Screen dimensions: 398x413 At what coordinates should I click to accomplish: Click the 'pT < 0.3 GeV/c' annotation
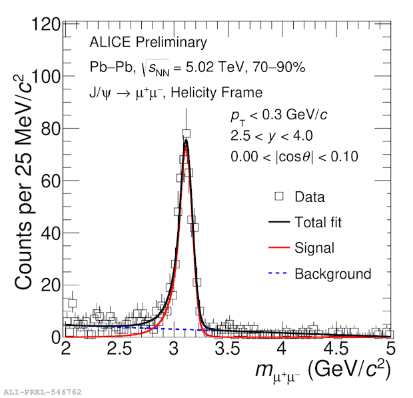pos(278,115)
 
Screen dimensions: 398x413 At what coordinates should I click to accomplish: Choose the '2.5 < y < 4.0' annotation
pos(272,136)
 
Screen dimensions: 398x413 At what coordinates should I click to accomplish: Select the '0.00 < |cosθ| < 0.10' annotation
pos(294,157)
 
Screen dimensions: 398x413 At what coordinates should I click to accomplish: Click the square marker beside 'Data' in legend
pos(279,197)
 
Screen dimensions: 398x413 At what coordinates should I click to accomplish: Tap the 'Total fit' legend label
pos(318,223)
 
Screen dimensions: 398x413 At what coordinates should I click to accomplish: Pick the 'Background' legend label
pos(332,273)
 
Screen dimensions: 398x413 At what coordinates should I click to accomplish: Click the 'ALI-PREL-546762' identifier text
pos(42,391)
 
